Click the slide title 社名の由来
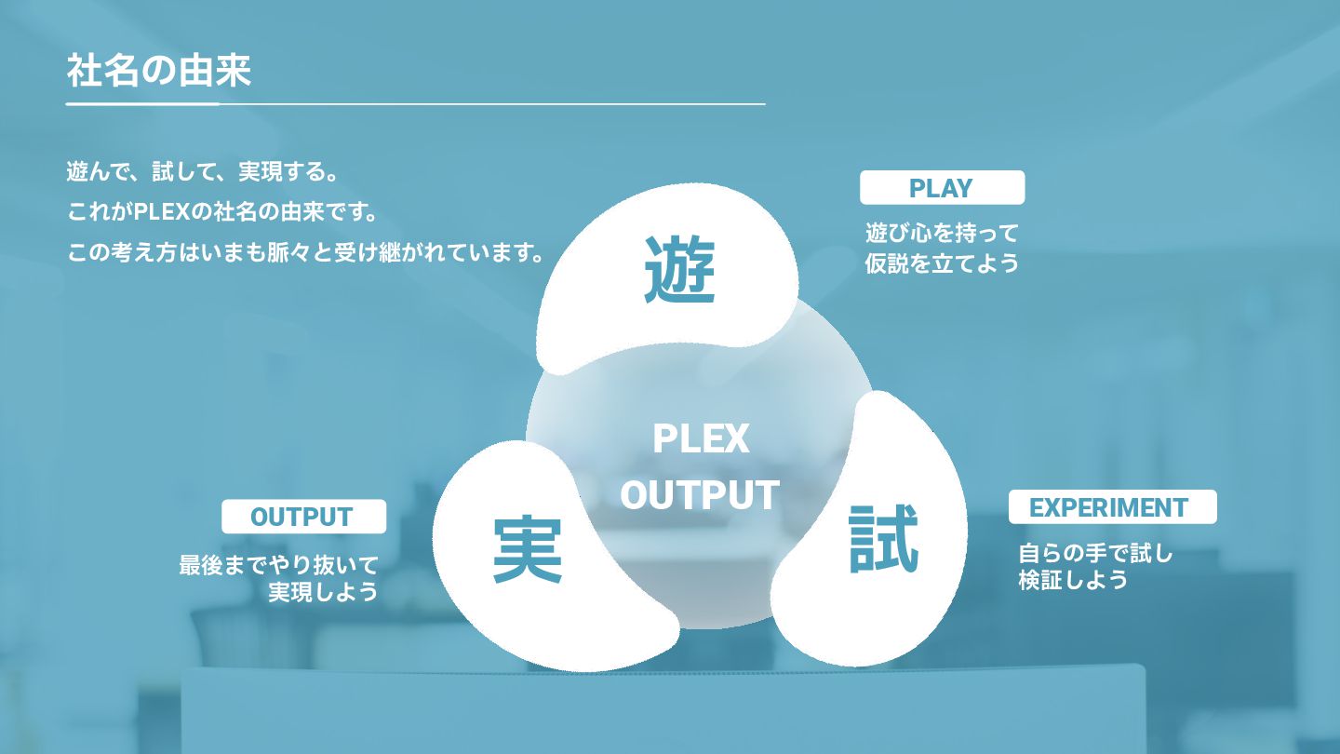pyautogui.click(x=159, y=71)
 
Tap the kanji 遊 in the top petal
pyautogui.click(x=679, y=271)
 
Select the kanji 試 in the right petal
pyautogui.click(x=884, y=538)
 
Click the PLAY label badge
pyautogui.click(x=942, y=188)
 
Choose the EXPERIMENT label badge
pyautogui.click(x=1112, y=507)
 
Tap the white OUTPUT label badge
pyautogui.click(x=303, y=517)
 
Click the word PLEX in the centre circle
pyautogui.click(x=701, y=438)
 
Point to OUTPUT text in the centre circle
pyautogui.click(x=700, y=495)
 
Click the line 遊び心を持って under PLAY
pyautogui.click(x=942, y=233)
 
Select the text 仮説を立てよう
pyautogui.click(x=942, y=263)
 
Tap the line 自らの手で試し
pyautogui.click(x=1095, y=554)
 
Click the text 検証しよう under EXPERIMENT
pyautogui.click(x=1073, y=580)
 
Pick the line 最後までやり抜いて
pyautogui.click(x=278, y=565)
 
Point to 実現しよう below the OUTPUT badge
pyautogui.click(x=323, y=592)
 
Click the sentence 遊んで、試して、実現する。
pyautogui.click(x=201, y=172)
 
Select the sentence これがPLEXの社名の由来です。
pyautogui.click(x=223, y=212)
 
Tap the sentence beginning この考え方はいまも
pyautogui.click(x=306, y=252)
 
